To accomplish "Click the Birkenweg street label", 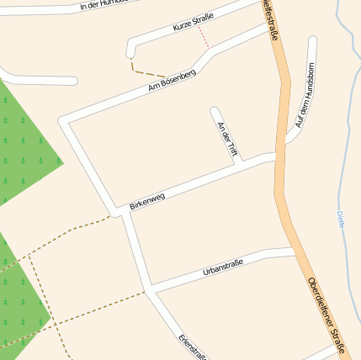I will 147,201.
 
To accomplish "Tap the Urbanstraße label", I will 223,268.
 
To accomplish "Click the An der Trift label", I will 227,139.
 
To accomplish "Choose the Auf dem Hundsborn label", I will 305,107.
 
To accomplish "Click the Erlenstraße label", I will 192,347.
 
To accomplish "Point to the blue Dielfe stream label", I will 341,220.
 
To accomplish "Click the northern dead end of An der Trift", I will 215,110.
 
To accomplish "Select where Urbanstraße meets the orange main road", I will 295,251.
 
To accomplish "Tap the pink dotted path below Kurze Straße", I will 203,37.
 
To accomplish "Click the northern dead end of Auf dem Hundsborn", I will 313,40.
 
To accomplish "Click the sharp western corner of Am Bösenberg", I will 62,121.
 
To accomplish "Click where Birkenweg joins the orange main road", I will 275,156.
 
